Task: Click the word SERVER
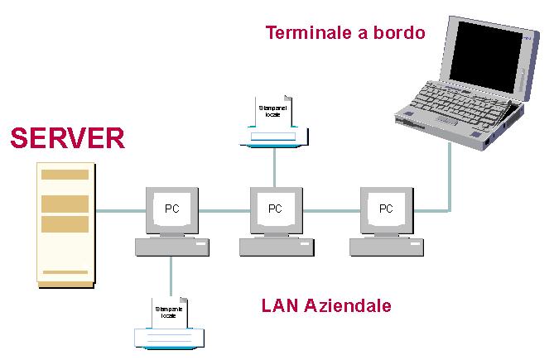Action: click(67, 138)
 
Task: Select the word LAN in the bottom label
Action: click(278, 306)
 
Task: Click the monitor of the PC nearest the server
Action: click(171, 209)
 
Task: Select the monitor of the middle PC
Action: click(275, 209)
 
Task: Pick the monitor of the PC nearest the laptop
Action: click(386, 209)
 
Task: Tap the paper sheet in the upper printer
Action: click(271, 111)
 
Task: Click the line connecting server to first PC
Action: click(121, 210)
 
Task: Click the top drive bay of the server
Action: click(65, 175)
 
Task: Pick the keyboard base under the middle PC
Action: click(275, 246)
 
